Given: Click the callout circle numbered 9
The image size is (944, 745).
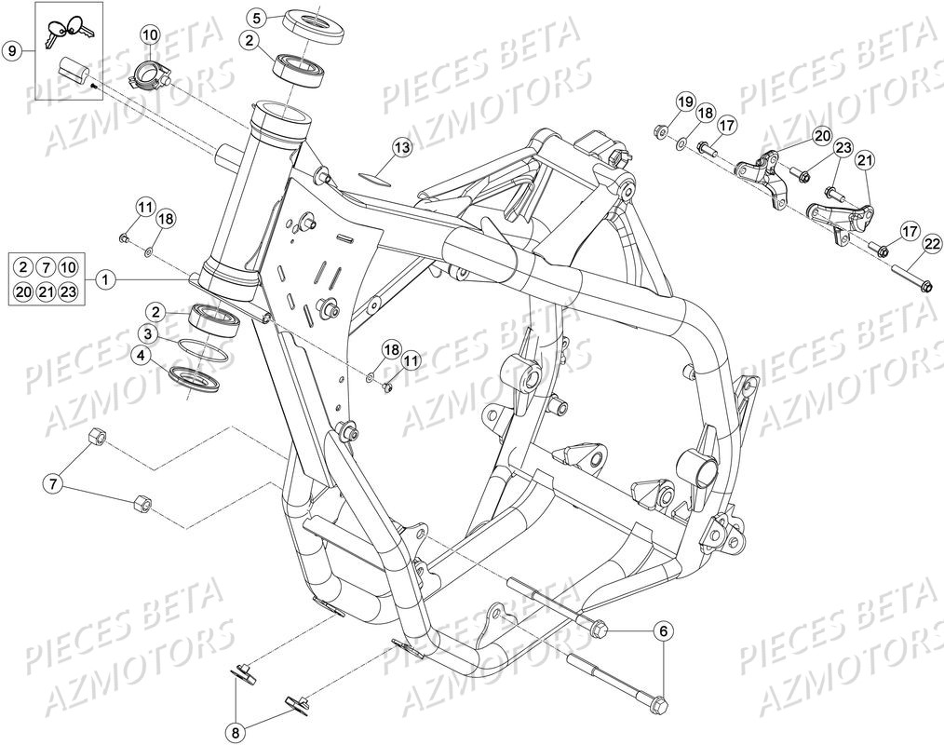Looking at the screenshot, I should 13,50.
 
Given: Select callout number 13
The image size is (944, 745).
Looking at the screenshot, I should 400,148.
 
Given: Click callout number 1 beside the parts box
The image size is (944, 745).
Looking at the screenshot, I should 105,278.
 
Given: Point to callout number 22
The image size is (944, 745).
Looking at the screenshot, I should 931,245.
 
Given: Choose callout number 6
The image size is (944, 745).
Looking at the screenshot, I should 664,631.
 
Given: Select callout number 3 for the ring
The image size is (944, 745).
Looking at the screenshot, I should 149,333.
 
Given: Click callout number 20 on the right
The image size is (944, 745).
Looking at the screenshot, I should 821,136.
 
